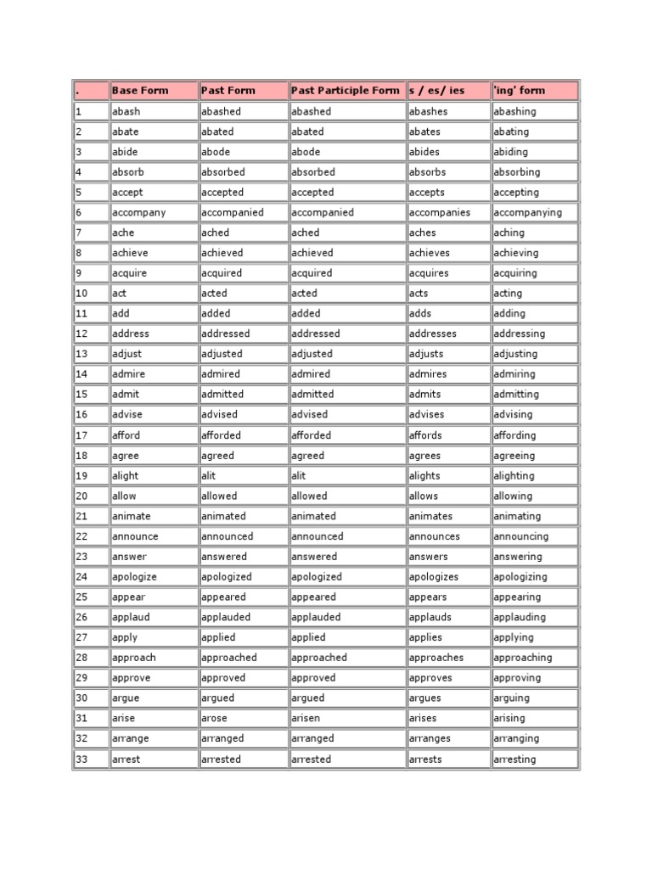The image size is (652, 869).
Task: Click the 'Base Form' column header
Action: pos(140,91)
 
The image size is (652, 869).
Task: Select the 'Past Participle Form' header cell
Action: pos(345,91)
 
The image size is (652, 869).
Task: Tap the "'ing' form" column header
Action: pos(520,91)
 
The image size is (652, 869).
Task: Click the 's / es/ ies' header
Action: pos(436,91)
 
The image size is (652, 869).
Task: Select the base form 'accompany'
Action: pos(139,212)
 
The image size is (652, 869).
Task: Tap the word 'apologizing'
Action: pos(520,577)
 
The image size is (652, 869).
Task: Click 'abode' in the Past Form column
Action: pos(216,152)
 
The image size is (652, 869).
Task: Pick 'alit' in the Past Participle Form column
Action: pos(301,476)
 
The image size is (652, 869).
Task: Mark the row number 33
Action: pos(81,759)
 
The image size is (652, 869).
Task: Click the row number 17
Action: pos(81,435)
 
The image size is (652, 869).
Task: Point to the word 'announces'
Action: pos(435,536)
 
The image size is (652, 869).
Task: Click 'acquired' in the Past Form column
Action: pos(222,273)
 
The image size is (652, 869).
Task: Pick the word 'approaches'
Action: pos(436,658)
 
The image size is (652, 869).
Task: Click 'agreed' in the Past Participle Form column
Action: pos(307,456)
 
